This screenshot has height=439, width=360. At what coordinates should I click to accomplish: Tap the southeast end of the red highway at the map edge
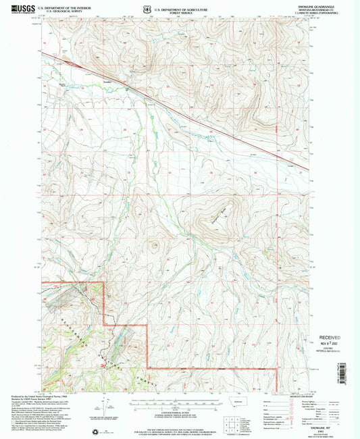point(308,170)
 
